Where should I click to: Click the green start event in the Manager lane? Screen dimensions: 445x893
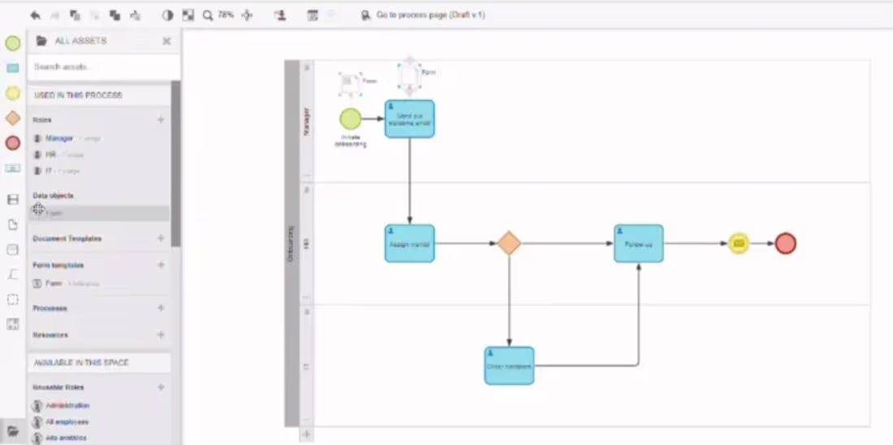(350, 119)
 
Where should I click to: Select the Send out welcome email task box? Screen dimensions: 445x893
(409, 119)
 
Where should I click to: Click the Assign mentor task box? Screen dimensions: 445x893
(409, 243)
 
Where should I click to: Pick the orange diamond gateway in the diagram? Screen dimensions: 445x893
(508, 243)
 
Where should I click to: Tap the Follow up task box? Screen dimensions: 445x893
(638, 243)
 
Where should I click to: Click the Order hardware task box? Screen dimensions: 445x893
(509, 365)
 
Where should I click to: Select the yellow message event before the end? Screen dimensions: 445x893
(738, 243)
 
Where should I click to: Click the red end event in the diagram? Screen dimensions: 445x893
(785, 243)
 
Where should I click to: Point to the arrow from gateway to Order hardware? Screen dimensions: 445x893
(509, 300)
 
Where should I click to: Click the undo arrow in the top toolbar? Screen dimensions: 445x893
(35, 15)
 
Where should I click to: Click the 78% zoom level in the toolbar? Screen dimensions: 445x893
(226, 15)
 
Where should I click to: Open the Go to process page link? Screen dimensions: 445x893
(430, 15)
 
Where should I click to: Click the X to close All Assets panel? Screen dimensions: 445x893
(166, 41)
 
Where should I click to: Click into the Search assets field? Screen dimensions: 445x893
(101, 67)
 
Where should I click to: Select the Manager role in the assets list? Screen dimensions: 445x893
(59, 138)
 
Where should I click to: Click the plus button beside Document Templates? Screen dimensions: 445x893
(161, 239)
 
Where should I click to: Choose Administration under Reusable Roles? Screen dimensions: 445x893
(67, 405)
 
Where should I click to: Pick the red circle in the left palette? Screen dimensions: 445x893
(13, 143)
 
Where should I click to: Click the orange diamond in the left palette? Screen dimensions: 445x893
(13, 118)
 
